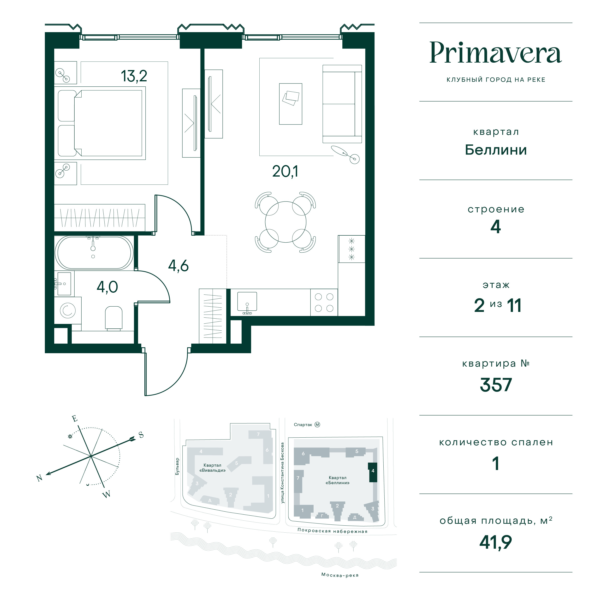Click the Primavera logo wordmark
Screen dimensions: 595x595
point(495,53)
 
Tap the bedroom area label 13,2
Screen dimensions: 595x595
point(134,76)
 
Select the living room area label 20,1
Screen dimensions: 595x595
point(285,171)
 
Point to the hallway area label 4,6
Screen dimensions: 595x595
point(178,266)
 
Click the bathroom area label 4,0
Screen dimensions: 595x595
point(107,287)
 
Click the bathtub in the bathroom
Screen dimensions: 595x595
point(94,253)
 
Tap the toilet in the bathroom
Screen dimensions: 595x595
point(114,318)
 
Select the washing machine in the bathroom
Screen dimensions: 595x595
point(68,310)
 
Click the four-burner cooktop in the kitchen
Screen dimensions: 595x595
point(324,303)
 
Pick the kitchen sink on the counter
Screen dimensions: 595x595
point(247,302)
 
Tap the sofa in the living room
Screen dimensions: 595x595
point(342,104)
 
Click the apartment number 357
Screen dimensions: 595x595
point(495,385)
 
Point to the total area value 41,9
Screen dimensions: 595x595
point(495,542)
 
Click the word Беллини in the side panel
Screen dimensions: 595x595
point(495,150)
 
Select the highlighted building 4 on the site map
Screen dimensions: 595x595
point(373,472)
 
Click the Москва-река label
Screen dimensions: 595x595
point(340,575)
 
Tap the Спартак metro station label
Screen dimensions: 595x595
point(303,425)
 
